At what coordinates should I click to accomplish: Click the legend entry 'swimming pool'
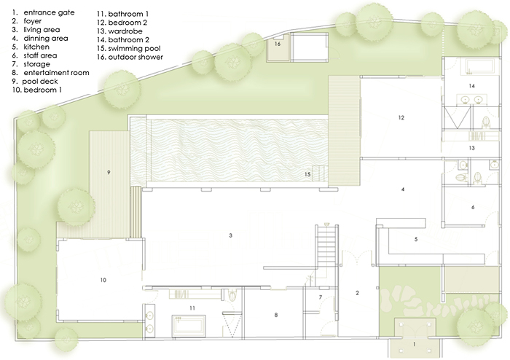point(134,48)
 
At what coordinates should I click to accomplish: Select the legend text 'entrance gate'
point(49,12)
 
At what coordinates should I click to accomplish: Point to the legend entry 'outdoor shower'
point(136,57)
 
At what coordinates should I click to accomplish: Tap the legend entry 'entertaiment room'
point(56,73)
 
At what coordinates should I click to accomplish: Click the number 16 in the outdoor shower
point(278,44)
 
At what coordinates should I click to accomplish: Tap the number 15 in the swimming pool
point(307,174)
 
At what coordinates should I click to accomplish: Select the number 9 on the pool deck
point(109,173)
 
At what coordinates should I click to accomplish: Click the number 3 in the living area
point(231,235)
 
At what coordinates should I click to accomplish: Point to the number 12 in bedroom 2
point(401,118)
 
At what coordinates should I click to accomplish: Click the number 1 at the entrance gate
point(415,344)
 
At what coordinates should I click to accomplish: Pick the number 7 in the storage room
point(321,297)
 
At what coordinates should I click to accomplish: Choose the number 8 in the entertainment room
point(276,315)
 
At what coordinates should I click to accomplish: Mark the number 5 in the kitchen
point(416,239)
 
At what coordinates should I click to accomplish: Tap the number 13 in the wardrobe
point(471,148)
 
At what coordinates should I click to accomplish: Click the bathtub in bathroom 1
point(189,326)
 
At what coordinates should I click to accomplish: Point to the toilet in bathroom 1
point(232,295)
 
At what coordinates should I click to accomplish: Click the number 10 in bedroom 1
point(103,280)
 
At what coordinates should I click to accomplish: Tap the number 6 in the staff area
point(473,207)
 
